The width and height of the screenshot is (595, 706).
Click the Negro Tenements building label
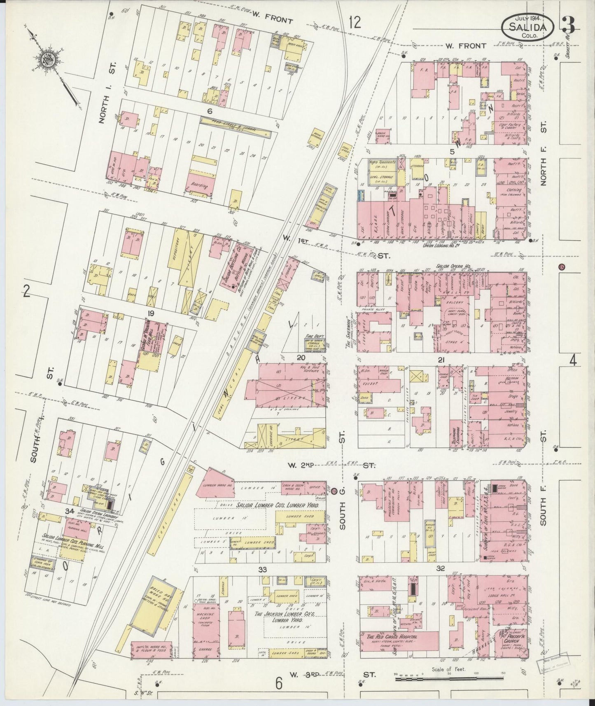click(382, 163)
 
